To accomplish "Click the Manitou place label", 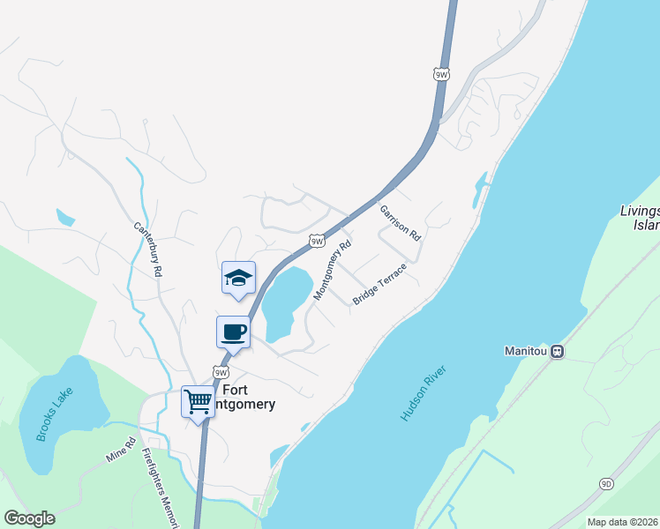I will [x=526, y=351].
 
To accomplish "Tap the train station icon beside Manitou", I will [x=557, y=351].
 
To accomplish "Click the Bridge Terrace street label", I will [x=379, y=284].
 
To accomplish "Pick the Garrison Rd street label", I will [x=401, y=224].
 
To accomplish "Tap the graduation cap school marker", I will [x=237, y=278].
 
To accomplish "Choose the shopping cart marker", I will [x=199, y=401].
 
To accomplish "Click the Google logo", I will [x=29, y=518].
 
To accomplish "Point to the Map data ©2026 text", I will [x=622, y=522].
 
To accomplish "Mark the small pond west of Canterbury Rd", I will [x=64, y=217].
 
